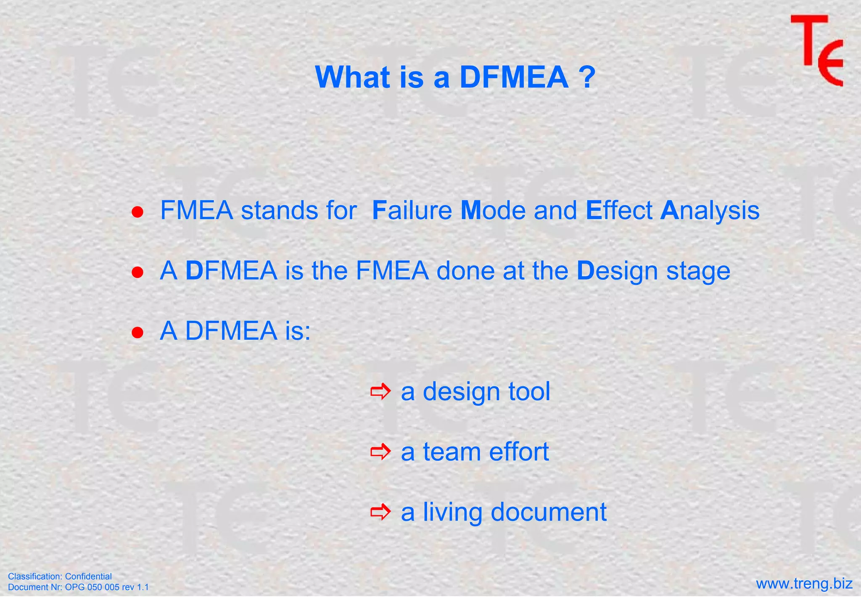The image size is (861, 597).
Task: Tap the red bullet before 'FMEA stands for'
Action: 137,212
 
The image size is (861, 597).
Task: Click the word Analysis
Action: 710,211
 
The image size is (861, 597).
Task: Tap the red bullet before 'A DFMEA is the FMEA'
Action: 137,272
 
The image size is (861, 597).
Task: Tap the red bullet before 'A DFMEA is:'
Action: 137,333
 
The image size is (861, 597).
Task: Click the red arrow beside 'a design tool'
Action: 380,392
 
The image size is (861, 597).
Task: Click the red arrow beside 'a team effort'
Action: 380,452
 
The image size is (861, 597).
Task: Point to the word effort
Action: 519,452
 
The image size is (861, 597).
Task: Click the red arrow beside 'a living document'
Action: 380,512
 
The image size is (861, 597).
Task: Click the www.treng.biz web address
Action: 804,584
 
